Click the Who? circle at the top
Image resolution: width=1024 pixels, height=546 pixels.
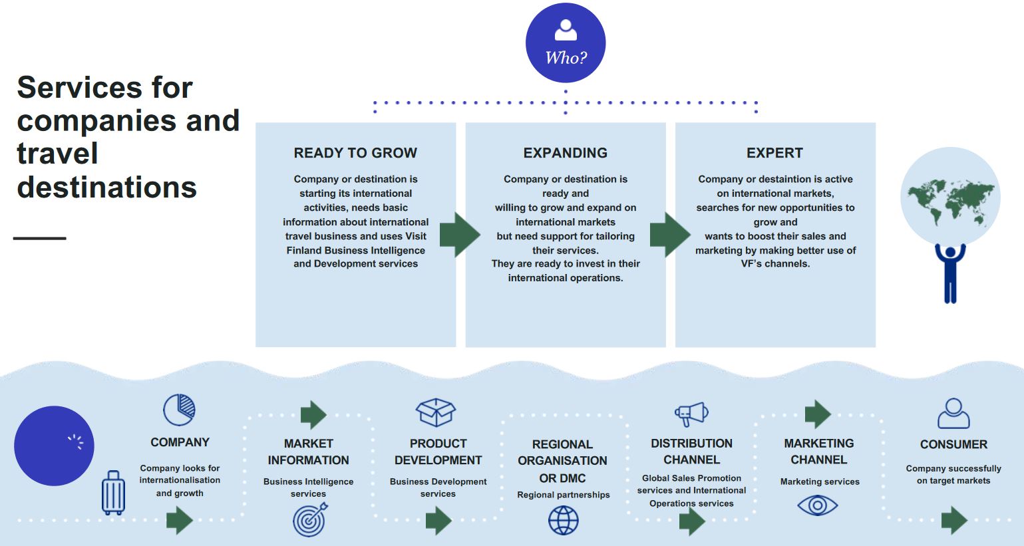coord(566,43)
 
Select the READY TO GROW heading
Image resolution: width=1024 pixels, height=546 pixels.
coord(355,152)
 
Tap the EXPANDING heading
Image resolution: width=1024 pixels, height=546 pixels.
coord(566,152)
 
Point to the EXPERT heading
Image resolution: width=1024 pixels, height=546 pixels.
coord(775,152)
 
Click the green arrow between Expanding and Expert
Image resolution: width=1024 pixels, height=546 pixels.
coord(670,234)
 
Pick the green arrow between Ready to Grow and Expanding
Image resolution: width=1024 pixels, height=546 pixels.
coord(460,234)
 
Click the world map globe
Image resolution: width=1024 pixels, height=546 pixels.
coord(950,196)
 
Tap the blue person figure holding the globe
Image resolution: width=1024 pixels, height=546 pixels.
coord(950,273)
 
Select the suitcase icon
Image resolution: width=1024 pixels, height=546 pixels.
coord(113,493)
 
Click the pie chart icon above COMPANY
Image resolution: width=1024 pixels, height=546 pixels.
coord(179,410)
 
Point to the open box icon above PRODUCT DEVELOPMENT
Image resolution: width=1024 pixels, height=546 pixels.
coord(436,412)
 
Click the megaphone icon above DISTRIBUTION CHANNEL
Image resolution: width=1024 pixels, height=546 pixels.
coord(692,414)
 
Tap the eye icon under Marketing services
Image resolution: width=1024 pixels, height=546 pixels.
coord(817,505)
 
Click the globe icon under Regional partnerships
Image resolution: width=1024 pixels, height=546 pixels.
coord(563,521)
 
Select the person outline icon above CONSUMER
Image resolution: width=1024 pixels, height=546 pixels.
coord(953,413)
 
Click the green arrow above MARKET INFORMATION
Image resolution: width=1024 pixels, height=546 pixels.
coord(313,415)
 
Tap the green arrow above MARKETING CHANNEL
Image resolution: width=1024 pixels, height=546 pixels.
coord(818,414)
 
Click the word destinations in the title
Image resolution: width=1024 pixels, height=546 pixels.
coord(107,187)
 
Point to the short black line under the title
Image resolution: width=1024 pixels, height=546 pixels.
coord(40,238)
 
